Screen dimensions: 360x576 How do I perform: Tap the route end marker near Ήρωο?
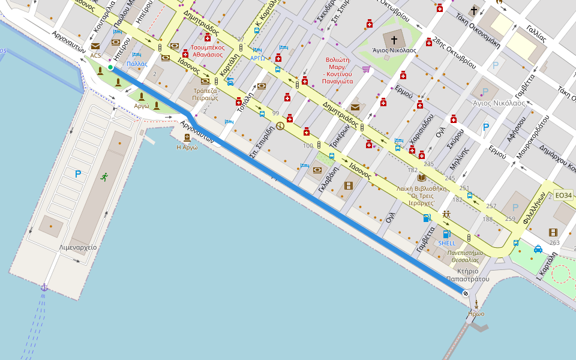click(466, 292)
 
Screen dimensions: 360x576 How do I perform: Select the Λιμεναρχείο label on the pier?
click(78, 247)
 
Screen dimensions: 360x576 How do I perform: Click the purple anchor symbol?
click(44, 287)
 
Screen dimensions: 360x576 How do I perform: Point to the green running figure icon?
click(104, 176)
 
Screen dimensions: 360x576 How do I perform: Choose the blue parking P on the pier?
click(77, 174)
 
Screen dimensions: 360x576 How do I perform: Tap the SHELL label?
click(447, 243)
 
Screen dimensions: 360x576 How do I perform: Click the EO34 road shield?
click(563, 195)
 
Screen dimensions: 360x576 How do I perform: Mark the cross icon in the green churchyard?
click(394, 40)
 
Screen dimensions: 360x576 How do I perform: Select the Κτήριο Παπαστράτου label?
click(469, 274)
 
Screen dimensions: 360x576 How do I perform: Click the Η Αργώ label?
click(187, 147)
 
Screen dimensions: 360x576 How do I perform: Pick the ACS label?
click(96, 55)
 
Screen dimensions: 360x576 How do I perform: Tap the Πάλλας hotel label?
click(137, 63)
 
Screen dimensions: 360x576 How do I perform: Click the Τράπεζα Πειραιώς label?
click(205, 93)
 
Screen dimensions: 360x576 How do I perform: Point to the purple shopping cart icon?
click(365, 69)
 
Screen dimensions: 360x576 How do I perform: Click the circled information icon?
click(280, 126)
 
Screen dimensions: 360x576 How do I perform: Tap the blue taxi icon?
click(538, 249)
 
